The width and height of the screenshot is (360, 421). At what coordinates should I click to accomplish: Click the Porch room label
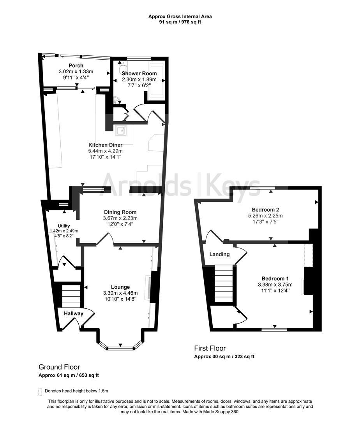76,65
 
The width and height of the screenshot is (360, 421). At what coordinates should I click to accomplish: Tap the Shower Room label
139,73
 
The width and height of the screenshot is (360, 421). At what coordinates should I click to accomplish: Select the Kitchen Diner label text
105,145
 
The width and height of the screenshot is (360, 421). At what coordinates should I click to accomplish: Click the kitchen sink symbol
121,130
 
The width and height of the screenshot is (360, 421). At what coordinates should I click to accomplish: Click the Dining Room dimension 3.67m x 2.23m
120,218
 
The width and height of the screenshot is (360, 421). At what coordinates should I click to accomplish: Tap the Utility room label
64,226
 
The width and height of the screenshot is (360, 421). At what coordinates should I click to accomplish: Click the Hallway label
74,313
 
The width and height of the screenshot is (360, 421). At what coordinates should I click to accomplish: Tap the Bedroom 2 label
265,209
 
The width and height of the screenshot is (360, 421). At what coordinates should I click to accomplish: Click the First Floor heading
210,348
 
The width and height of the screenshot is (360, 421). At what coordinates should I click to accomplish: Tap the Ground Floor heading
59,367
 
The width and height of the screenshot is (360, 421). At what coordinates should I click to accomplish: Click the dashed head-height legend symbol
40,391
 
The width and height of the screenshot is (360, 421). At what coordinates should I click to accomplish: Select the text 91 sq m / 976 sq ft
180,22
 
